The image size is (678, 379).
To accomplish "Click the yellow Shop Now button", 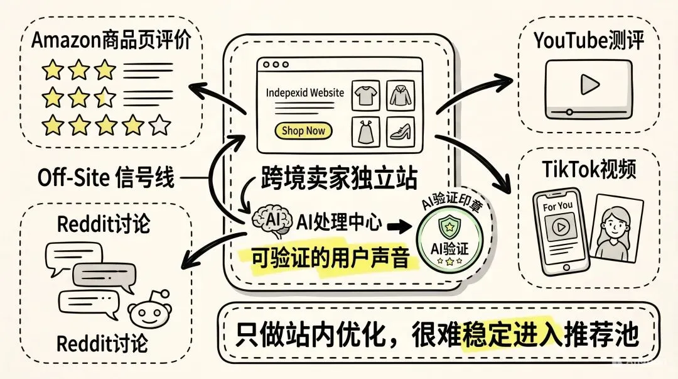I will click(x=303, y=131).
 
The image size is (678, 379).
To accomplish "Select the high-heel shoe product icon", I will click(x=399, y=131).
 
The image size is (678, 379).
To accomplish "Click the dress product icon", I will click(x=364, y=131).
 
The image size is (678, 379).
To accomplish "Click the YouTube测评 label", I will click(x=588, y=41).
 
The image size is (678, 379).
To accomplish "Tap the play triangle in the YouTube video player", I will click(x=588, y=83).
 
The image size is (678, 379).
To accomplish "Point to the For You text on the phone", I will click(x=557, y=206).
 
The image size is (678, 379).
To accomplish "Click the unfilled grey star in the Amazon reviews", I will click(x=161, y=126).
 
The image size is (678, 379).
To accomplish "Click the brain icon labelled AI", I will click(x=271, y=221).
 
